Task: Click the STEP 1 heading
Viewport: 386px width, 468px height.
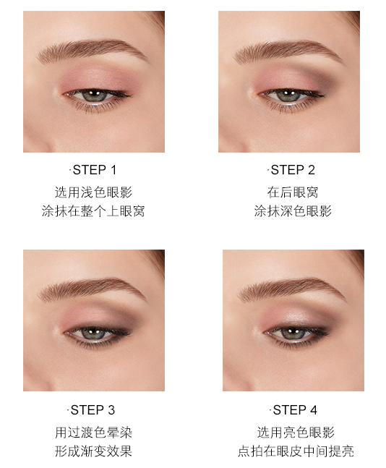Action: pos(94,170)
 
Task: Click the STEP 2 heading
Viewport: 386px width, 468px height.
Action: pos(291,170)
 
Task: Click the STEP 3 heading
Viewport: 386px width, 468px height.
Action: pos(94,409)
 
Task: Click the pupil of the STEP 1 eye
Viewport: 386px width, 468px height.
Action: pos(95,95)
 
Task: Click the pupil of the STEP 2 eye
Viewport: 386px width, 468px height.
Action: pos(290,95)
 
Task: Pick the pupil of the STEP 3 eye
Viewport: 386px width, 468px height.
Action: pos(94,333)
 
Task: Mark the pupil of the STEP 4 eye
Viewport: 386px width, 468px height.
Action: pos(291,333)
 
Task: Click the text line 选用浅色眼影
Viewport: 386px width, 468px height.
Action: pos(94,192)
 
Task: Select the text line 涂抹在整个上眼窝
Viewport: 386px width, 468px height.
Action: pos(94,212)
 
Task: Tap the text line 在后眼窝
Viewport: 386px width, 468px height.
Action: pos(292,192)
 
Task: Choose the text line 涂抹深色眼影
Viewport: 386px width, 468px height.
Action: pos(292,212)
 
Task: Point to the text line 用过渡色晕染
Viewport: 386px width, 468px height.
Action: pos(94,433)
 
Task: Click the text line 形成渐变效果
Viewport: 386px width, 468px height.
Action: pos(94,452)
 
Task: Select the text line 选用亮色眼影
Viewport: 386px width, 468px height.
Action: pos(296,433)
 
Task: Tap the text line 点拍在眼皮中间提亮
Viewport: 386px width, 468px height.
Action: pos(296,452)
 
